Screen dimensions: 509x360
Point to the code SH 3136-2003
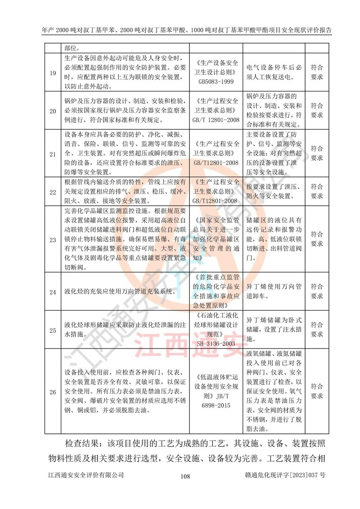coord(216,343)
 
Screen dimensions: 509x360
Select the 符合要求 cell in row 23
coord(317,239)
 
